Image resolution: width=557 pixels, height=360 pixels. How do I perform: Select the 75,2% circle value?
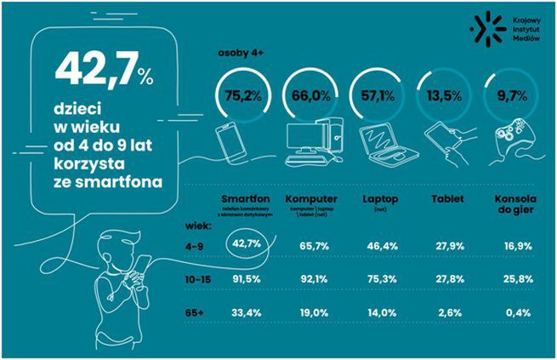click(x=244, y=94)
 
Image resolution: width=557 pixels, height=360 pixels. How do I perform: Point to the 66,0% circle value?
click(x=311, y=94)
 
